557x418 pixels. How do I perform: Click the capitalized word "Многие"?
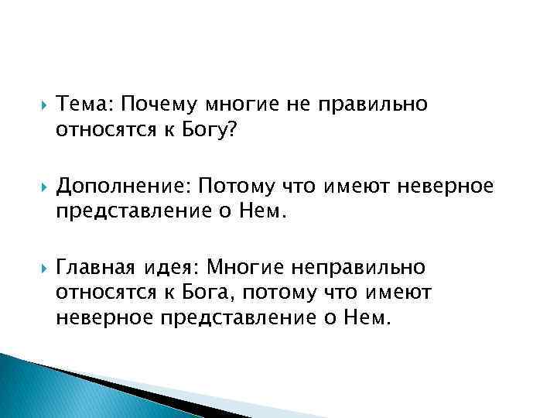(x=246, y=268)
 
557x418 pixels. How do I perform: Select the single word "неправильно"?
(x=358, y=268)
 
